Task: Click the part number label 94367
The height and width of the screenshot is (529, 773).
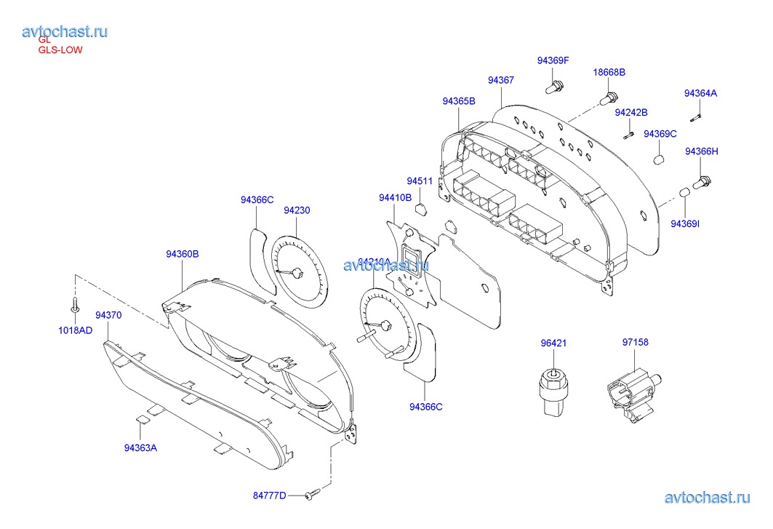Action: click(501, 80)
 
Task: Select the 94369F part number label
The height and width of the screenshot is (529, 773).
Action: click(553, 61)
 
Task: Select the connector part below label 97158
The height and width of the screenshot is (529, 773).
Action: click(629, 394)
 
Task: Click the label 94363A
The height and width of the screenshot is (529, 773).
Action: click(140, 448)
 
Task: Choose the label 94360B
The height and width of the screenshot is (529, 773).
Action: click(183, 254)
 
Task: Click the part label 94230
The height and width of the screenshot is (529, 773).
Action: click(297, 210)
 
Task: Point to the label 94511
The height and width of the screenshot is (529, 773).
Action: click(420, 181)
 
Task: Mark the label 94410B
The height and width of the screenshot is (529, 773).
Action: click(395, 197)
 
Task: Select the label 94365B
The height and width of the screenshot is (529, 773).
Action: click(459, 101)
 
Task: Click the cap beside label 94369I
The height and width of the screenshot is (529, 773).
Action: click(684, 193)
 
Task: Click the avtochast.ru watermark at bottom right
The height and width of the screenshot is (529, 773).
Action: click(707, 498)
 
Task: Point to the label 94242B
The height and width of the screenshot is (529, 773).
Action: click(631, 113)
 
